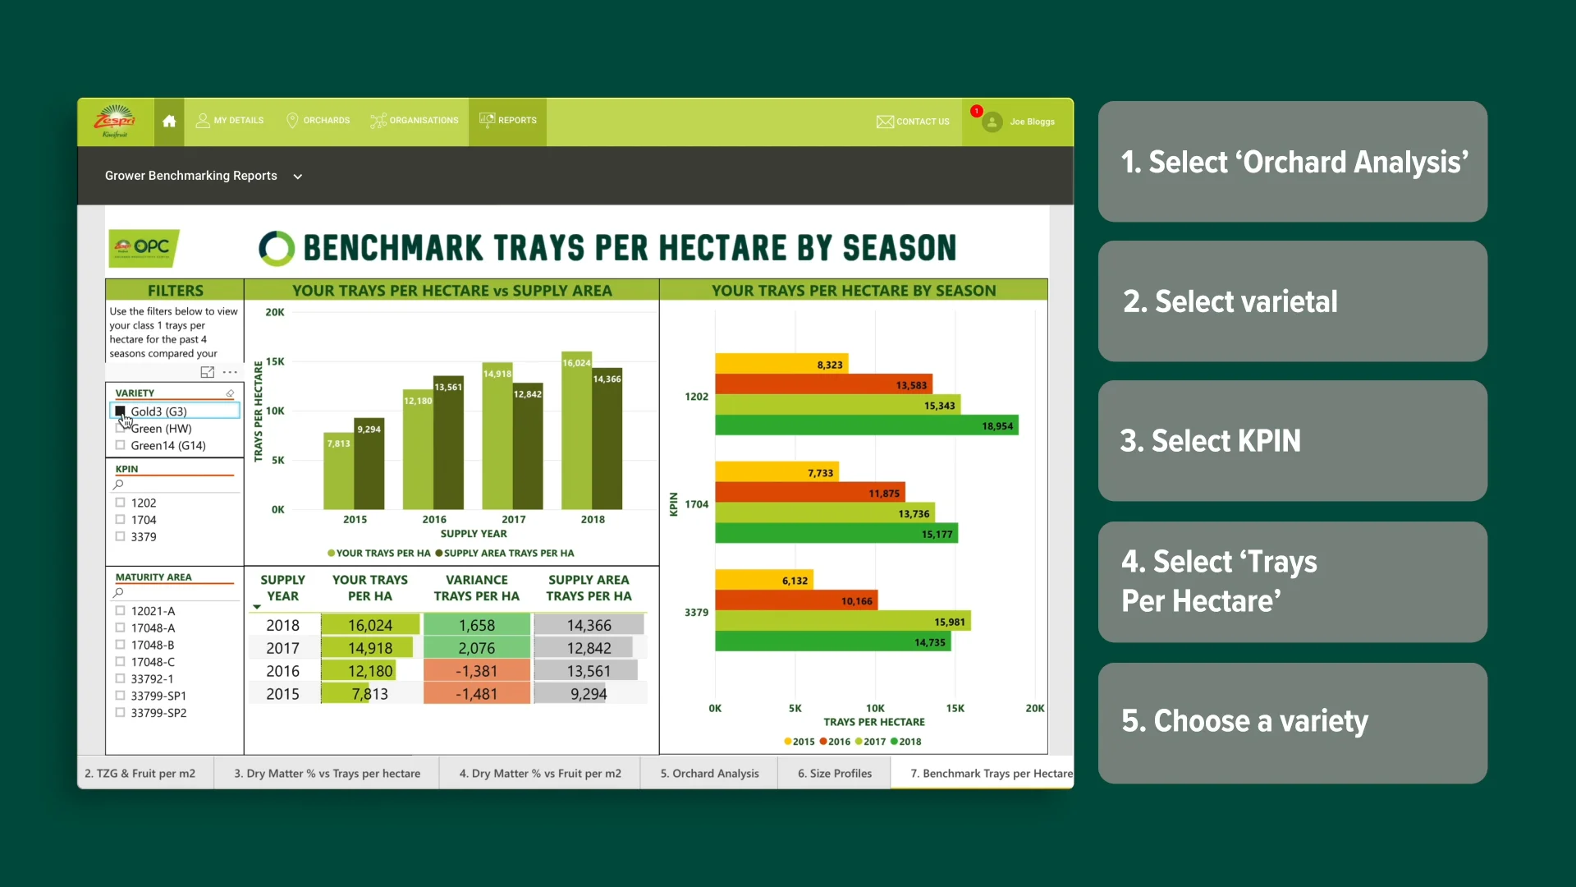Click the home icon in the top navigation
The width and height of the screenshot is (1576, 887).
169,122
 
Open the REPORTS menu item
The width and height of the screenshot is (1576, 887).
508,121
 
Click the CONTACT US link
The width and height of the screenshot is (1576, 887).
913,122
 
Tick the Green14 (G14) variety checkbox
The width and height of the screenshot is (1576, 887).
121,445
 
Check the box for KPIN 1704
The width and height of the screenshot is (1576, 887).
121,520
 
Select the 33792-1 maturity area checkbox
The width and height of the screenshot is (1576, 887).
121,679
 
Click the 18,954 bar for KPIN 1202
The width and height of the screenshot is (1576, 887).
866,425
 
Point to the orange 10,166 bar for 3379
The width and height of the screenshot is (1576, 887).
796,601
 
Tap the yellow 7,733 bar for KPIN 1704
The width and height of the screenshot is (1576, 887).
776,472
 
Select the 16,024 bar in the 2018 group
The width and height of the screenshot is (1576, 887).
576,435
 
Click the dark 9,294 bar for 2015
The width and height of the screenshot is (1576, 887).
369,468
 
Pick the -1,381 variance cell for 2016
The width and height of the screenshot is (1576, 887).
477,671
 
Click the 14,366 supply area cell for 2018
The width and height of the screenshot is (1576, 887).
589,626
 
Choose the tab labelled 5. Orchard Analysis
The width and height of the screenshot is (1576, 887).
709,774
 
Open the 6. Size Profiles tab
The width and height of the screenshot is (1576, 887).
834,774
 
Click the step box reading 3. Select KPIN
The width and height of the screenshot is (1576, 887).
1292,441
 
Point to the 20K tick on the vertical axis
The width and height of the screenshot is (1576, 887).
274,312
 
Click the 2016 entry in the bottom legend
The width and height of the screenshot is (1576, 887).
835,742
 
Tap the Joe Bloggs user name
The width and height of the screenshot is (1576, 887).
1032,122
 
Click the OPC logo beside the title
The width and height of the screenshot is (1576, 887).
144,247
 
